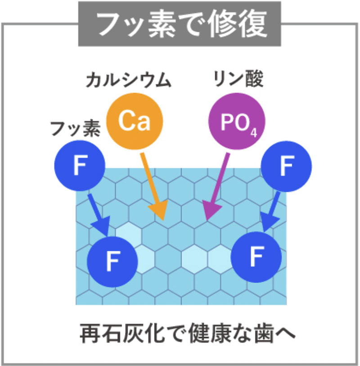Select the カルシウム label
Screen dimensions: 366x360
click(129, 81)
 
